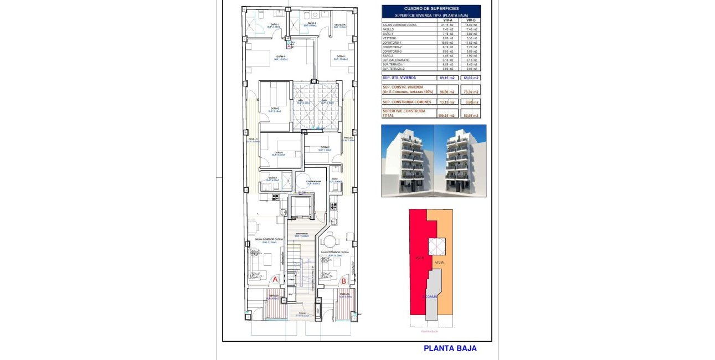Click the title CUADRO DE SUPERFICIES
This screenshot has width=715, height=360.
pos(431,8)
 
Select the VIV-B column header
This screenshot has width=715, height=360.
pos(470,20)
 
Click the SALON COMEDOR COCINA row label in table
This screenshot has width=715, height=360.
pos(400,25)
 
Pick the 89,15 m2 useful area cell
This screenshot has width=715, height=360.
pos(447,78)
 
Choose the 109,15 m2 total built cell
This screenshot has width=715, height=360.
pos(447,115)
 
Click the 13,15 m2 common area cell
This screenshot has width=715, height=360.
pos(447,102)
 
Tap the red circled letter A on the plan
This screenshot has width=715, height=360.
pos(275,281)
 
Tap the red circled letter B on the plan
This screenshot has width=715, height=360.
pos(343,281)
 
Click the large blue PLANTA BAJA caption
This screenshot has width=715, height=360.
pos(450,348)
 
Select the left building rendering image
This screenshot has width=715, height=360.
pos(407,161)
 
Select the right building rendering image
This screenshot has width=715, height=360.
pos(460,161)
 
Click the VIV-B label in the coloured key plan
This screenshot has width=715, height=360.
pos(440,262)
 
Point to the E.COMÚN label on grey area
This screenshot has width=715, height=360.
pos(430,297)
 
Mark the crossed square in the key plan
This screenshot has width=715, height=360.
pos(437,246)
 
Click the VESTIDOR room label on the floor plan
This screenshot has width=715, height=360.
pos(340,25)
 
